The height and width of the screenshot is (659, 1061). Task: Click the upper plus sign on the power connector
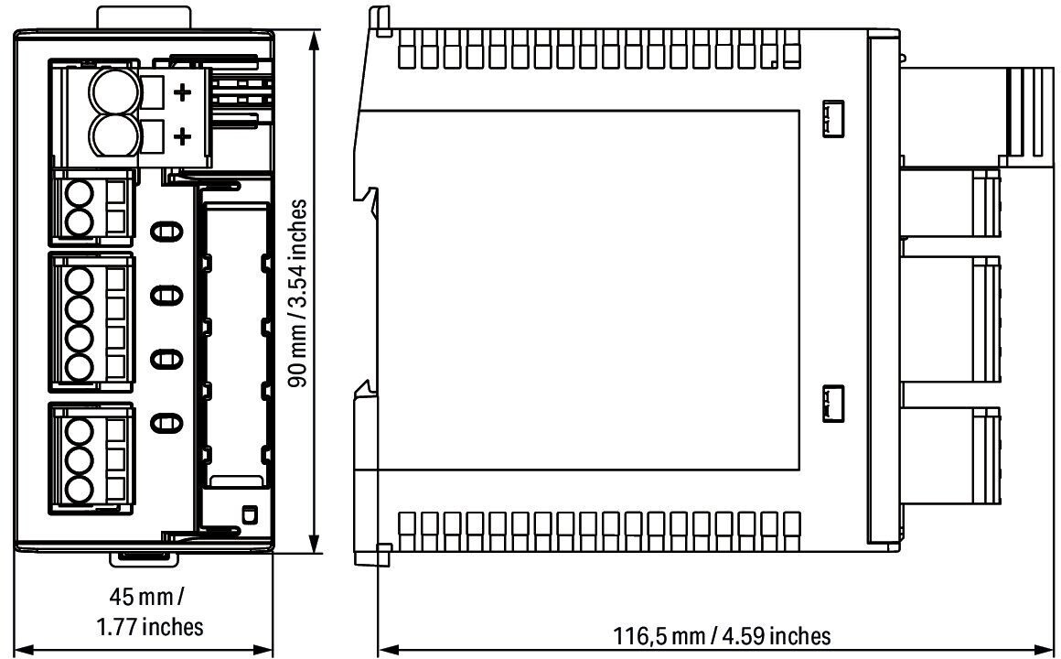182,92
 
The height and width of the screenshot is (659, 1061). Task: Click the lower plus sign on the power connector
182,137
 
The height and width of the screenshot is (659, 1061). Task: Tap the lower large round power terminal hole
115,136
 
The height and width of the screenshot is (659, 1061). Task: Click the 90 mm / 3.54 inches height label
298,293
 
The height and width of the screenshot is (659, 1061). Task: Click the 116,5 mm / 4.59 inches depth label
722,636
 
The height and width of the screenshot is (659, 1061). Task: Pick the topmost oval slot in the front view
166,232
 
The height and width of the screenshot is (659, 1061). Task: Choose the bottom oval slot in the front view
166,423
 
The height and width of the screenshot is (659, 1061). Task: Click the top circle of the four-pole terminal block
80,280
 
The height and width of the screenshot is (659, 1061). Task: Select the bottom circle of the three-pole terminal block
80,489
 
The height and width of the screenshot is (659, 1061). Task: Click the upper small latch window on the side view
833,119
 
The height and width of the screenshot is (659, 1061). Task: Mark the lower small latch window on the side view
833,405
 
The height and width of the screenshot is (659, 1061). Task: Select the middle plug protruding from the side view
950,319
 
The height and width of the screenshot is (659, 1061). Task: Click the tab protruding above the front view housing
144,17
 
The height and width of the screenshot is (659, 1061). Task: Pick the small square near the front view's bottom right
249,513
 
